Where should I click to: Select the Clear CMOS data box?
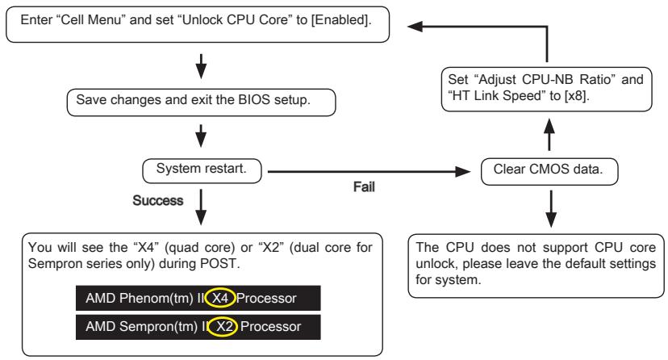coord(550,171)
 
